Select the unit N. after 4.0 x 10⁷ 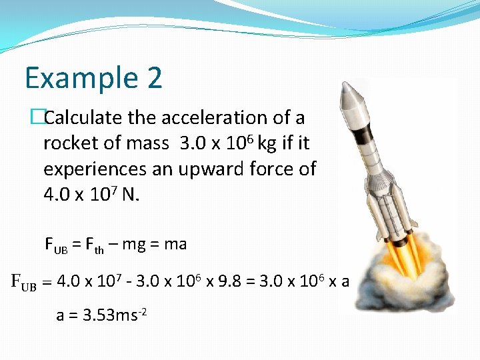(x=129, y=196)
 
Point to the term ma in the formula (x=175, y=244)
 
